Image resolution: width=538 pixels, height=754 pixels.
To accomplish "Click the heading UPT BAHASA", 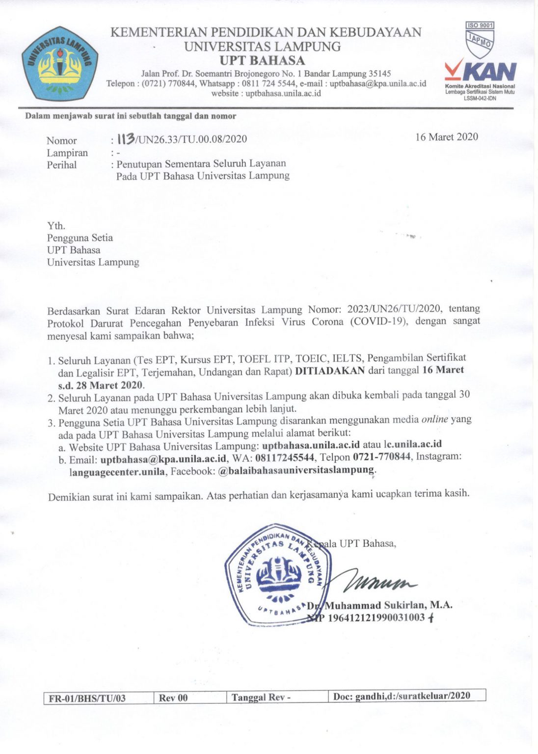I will click(262, 61).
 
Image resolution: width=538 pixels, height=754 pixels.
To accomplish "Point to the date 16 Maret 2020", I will click(446, 137).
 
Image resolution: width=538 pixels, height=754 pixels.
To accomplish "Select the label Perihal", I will click(62, 165).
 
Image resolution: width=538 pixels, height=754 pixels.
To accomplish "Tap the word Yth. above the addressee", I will click(56, 226).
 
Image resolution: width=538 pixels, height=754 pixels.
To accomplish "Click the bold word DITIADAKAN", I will click(329, 371).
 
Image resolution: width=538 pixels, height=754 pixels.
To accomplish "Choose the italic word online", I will click(434, 420).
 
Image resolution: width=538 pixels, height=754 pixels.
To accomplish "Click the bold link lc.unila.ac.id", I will click(413, 444).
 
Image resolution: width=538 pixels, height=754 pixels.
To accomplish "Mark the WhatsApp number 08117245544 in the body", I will click(285, 458).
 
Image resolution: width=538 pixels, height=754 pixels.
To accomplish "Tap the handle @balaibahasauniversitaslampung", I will click(296, 470).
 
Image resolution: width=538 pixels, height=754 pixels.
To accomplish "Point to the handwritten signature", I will click(381, 583).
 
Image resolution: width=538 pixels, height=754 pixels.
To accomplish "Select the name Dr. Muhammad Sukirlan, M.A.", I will click(379, 605).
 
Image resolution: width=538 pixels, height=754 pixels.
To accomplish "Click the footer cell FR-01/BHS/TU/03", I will click(87, 698).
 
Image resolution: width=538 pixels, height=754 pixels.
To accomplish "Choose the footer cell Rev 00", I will click(173, 698).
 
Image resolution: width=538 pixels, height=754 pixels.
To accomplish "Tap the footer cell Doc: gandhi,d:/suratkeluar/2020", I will click(402, 696).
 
